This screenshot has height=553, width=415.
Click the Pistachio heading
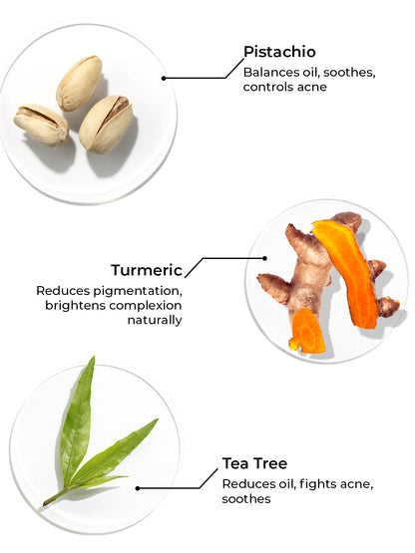pos(279,52)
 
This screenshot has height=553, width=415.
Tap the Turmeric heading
pos(147,270)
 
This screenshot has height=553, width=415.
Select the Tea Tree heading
pos(254,463)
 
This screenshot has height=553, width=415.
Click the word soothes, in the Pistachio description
pos(349,73)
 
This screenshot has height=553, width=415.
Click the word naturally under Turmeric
pos(155,320)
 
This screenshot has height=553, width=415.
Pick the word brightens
pos(75,306)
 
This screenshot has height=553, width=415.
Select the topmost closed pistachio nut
pos(79,84)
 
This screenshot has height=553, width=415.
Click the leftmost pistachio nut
pos(41,125)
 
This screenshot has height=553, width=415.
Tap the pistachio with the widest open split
pos(106,124)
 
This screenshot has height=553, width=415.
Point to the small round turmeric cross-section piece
pos(307,331)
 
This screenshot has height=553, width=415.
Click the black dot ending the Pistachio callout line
pos(164,78)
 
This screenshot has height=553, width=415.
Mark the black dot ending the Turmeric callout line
pos(264,258)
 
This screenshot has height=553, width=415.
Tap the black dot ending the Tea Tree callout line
pos(138,488)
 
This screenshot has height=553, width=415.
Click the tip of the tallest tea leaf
pos(94,357)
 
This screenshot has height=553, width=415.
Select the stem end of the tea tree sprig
pos(45,504)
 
